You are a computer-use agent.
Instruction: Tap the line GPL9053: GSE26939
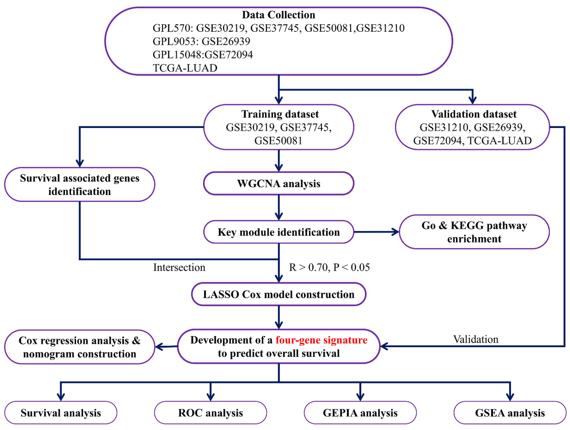pyautogui.click(x=201, y=41)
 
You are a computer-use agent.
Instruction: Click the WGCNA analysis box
pyautogui.click(x=279, y=184)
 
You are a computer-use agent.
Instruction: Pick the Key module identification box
pyautogui.click(x=279, y=232)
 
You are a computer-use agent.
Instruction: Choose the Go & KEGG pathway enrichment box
pyautogui.click(x=474, y=232)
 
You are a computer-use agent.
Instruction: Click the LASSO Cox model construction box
pyautogui.click(x=279, y=294)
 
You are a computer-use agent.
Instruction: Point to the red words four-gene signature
pyautogui.click(x=321, y=340)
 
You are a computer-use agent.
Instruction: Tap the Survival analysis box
pyautogui.click(x=61, y=413)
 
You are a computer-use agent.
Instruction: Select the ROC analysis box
pyautogui.click(x=210, y=413)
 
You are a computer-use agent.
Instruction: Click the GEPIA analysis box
pyautogui.click(x=360, y=413)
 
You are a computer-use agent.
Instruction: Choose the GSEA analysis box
pyautogui.click(x=510, y=413)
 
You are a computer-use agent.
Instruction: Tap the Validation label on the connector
pyautogui.click(x=476, y=339)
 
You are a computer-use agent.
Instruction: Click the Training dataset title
pyautogui.click(x=280, y=114)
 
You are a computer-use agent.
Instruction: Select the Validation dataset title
pyautogui.click(x=474, y=114)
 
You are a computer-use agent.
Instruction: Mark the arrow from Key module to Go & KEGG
pyautogui.click(x=376, y=232)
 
